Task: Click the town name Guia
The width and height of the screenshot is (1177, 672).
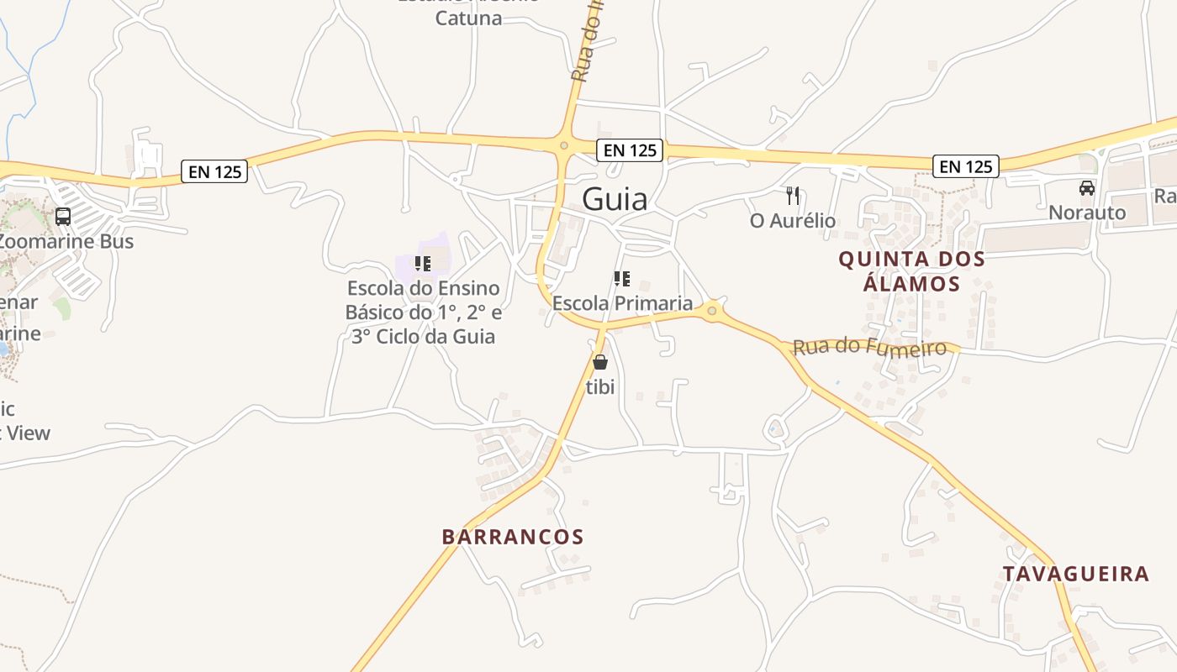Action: click(x=615, y=200)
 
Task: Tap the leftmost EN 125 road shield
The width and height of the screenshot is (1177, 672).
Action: click(x=214, y=172)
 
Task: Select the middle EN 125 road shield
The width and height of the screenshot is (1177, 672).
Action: click(x=630, y=150)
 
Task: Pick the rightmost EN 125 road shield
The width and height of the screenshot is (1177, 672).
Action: click(x=966, y=166)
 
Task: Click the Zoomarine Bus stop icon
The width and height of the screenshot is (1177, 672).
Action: click(x=63, y=217)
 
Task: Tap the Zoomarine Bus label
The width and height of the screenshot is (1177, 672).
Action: click(x=66, y=241)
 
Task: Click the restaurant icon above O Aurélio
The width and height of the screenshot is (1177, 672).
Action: click(x=792, y=196)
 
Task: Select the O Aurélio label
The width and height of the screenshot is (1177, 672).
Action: click(x=793, y=221)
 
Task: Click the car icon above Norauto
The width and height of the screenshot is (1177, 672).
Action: click(x=1087, y=188)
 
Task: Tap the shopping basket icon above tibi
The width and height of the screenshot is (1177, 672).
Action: click(x=600, y=362)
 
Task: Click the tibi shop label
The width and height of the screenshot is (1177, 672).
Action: click(x=600, y=387)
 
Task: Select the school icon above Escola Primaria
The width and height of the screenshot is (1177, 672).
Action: click(x=622, y=278)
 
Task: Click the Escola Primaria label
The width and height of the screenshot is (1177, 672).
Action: click(x=622, y=303)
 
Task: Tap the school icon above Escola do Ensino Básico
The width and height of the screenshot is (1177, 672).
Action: click(x=423, y=263)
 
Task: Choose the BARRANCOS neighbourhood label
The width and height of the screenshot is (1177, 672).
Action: click(x=513, y=537)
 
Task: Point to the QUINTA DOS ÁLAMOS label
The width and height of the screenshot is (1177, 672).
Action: click(x=911, y=271)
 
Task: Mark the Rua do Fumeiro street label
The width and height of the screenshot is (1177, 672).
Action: click(x=869, y=346)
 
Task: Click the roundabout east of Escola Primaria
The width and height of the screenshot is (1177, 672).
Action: click(x=712, y=312)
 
